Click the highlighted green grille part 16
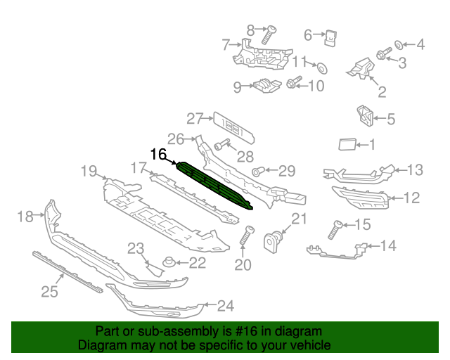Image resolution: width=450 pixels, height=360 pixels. (x=214, y=185)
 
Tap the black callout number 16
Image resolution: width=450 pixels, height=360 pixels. (x=158, y=154)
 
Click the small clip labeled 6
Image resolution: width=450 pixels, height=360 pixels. (x=330, y=38)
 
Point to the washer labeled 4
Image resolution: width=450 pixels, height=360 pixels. (x=399, y=45)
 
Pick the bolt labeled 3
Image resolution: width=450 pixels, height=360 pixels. (x=384, y=53)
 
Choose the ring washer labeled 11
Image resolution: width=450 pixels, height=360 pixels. (x=322, y=68)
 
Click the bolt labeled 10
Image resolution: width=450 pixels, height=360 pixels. (x=294, y=82)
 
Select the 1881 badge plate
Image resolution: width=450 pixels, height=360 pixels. (x=234, y=128)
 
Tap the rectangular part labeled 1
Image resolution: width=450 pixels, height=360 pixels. (x=347, y=144)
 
